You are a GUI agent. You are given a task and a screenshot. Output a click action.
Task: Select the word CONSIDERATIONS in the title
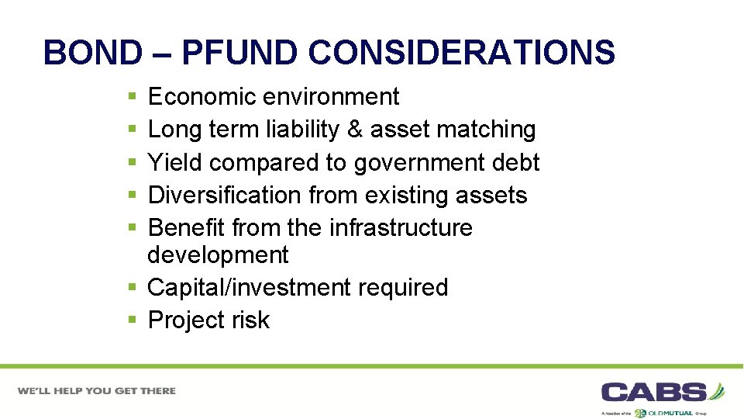click(462, 53)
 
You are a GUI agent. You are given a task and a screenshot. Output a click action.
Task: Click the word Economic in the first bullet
click(202, 97)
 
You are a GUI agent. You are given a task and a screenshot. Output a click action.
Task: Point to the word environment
click(331, 97)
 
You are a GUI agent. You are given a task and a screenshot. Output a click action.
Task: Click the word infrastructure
click(401, 227)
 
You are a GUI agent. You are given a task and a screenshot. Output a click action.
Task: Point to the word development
click(218, 255)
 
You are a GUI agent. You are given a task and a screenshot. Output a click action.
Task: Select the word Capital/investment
click(249, 288)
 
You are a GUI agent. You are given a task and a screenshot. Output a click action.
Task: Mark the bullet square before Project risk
click(133, 320)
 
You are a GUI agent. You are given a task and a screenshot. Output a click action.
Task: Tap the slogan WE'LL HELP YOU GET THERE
click(98, 390)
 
